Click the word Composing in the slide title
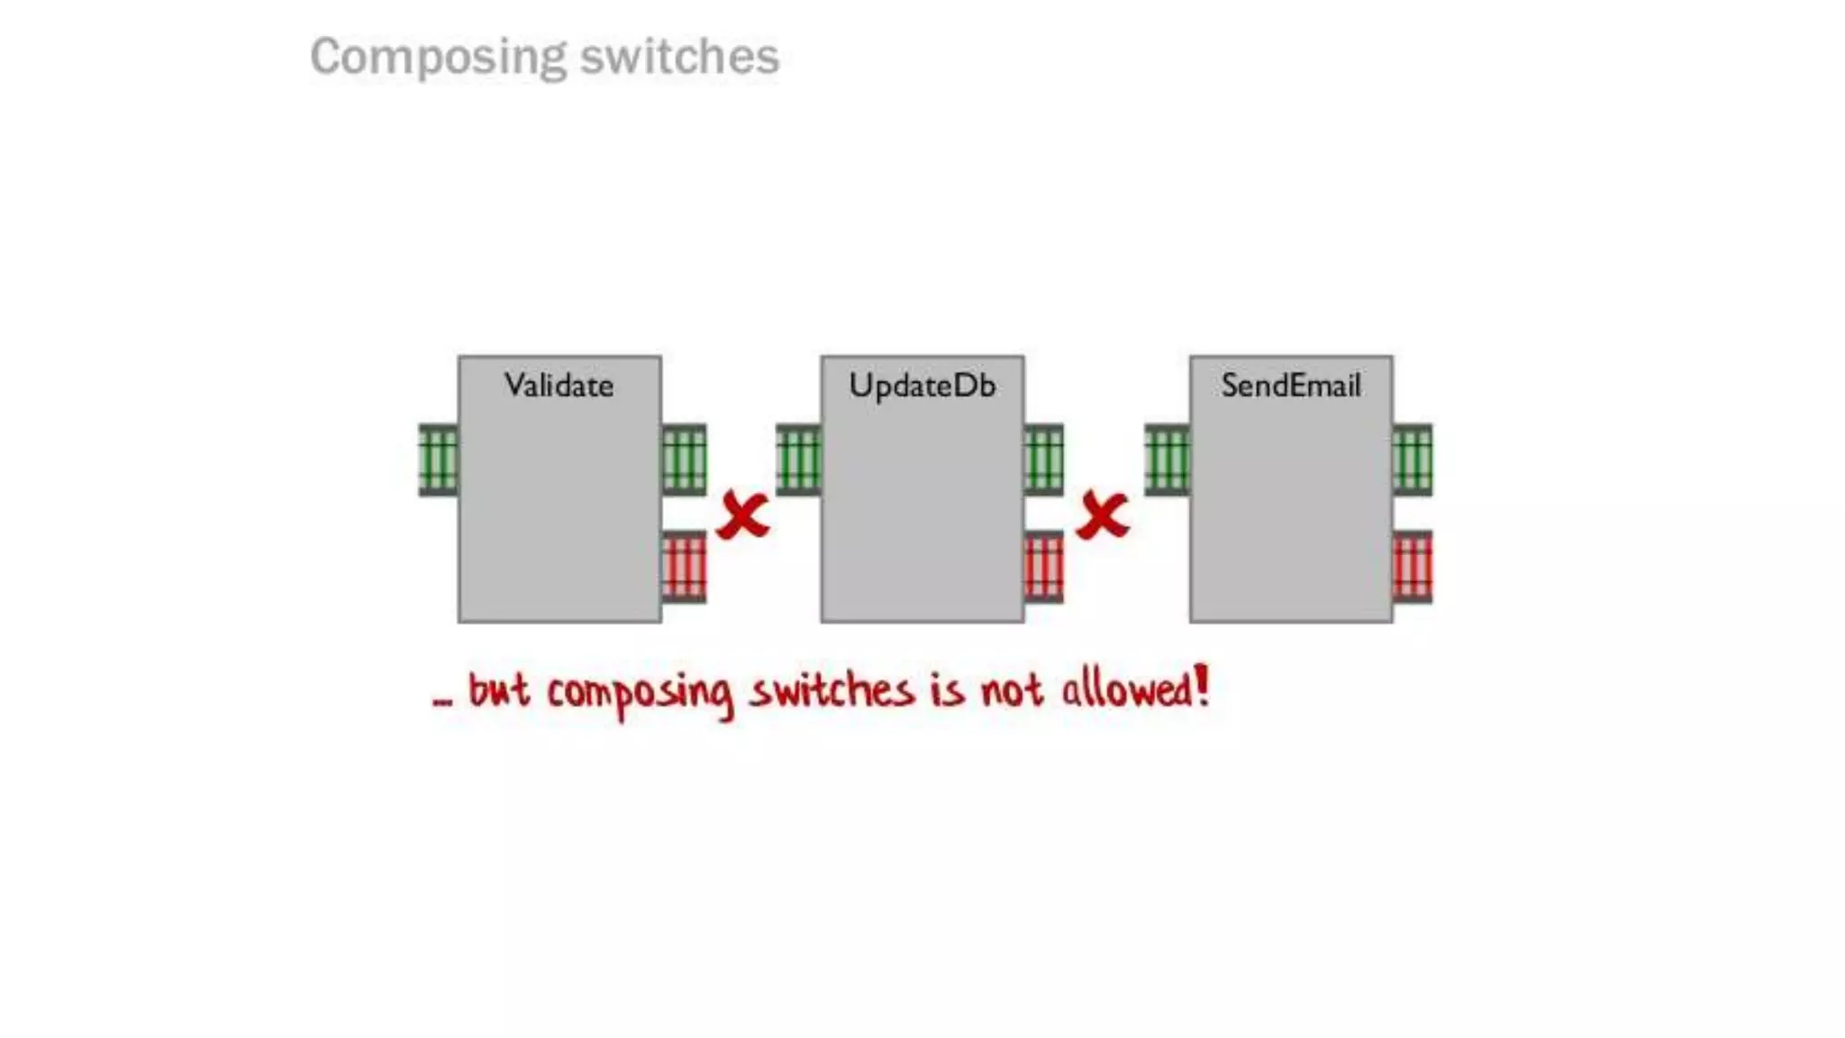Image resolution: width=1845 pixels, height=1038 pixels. tap(439, 58)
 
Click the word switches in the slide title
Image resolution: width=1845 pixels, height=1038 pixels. tap(679, 58)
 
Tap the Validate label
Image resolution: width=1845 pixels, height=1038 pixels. tap(559, 386)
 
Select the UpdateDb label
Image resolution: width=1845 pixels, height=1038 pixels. tap(922, 386)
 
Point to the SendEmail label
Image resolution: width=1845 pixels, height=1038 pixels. tap(1290, 386)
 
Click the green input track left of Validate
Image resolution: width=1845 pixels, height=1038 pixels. tap(439, 460)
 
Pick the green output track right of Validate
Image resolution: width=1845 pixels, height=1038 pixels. tap(684, 460)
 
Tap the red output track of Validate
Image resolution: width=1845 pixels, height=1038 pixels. tap(684, 567)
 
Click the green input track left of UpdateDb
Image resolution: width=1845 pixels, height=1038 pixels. tap(798, 460)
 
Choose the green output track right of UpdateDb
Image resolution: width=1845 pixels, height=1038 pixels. tap(1043, 460)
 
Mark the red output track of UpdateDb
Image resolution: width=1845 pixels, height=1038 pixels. tap(1043, 567)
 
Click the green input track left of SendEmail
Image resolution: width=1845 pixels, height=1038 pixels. tap(1167, 460)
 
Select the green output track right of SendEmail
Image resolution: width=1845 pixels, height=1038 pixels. tap(1412, 460)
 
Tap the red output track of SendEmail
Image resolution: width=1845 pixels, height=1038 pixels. tap(1412, 567)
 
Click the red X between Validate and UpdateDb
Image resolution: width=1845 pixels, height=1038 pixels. tap(743, 515)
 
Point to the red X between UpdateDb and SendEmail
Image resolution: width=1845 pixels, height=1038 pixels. tap(1103, 515)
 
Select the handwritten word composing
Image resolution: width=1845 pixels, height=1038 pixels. tap(640, 694)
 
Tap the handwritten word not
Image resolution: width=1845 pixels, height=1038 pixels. tap(1012, 692)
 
